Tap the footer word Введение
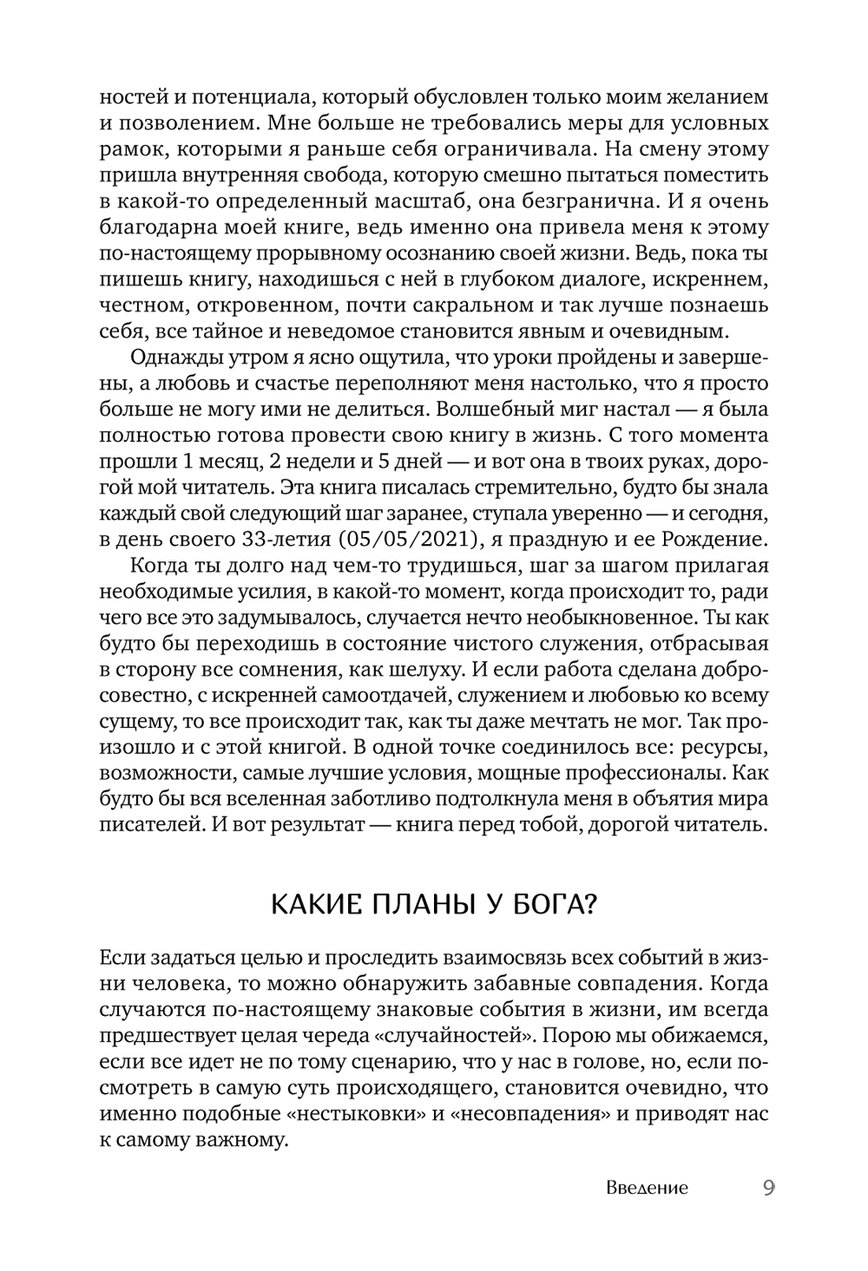pos(647,1189)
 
